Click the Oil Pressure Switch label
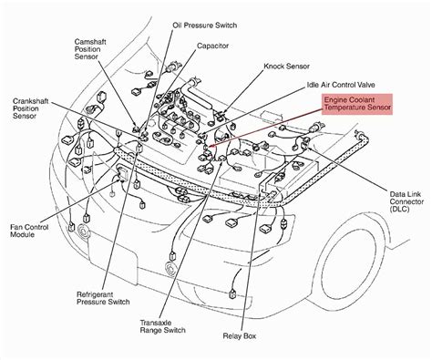point(205,26)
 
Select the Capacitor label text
point(212,46)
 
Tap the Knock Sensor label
point(286,67)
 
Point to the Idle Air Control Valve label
point(341,85)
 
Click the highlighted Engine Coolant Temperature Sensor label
point(357,104)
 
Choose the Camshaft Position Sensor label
point(90,49)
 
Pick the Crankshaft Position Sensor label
point(30,108)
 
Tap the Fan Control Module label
point(29,231)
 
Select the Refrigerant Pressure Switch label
point(103,298)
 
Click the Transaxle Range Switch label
point(162,326)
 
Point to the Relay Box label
point(240,336)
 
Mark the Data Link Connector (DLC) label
point(406,201)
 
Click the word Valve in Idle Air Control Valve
point(366,85)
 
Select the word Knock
point(273,67)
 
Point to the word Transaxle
point(156,323)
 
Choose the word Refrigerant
point(90,294)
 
